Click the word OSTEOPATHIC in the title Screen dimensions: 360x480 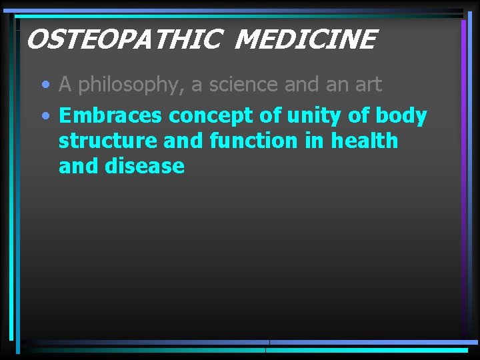[122, 39]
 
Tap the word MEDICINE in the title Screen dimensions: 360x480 [305, 39]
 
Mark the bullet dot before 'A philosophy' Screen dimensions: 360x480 [45, 85]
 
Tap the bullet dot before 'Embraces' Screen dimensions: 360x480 [45, 116]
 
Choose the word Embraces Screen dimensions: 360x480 [111, 115]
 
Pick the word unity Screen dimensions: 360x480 [313, 116]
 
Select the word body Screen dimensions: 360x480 [401, 116]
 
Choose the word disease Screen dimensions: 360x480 [145, 167]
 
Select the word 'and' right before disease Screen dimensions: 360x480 [78, 167]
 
